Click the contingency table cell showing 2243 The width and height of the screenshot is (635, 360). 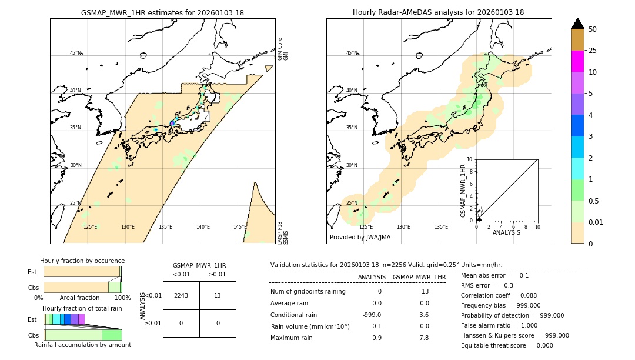181,295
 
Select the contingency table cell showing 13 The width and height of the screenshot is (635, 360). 218,295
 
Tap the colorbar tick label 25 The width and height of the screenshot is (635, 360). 593,51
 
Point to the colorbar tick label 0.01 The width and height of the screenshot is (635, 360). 596,222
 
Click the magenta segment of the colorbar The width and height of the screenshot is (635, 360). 578,61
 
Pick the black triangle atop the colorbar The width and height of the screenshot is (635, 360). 578,24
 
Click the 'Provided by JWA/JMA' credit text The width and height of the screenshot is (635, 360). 360,237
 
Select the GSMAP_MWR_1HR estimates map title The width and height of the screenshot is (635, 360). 162,12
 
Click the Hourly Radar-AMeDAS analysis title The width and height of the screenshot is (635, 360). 438,12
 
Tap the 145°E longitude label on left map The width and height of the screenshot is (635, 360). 240,227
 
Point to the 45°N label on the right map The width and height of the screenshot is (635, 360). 352,53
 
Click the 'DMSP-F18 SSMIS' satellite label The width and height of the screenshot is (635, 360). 283,232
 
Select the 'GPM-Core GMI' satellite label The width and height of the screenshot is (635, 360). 283,49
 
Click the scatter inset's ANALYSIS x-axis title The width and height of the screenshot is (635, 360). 506,232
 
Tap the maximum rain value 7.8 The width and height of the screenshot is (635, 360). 423,338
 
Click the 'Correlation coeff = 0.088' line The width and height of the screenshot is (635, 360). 500,295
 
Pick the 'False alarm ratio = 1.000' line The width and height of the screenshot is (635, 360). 500,325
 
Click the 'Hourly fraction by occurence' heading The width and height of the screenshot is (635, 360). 82,261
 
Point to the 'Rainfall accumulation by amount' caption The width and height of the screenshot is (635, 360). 82,345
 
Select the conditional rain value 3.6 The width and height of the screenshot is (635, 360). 423,315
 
